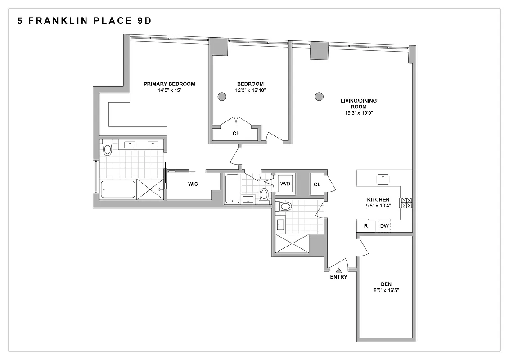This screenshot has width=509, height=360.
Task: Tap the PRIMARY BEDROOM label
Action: point(169,84)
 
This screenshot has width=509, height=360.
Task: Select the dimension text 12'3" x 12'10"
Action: point(251,90)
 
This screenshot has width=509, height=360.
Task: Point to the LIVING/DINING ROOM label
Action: point(359,103)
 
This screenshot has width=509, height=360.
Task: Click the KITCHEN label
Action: point(378,199)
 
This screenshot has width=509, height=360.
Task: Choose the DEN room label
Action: point(386,284)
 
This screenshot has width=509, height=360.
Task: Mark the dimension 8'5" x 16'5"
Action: point(386,291)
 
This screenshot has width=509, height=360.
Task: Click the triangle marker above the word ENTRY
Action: point(338,270)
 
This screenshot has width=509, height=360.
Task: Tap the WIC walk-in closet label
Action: point(193,184)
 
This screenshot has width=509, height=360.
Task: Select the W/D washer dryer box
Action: point(285,184)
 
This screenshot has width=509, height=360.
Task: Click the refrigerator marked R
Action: point(366,226)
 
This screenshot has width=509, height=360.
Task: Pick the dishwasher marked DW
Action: point(384,226)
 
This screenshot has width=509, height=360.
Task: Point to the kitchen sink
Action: point(383,178)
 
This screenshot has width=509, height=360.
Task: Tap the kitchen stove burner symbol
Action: point(406,203)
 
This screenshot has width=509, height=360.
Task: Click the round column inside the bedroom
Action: point(222,96)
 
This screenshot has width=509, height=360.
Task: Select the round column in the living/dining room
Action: point(319,96)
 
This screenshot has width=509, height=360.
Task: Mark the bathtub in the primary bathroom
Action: point(118,189)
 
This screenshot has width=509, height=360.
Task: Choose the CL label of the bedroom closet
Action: point(236,133)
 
